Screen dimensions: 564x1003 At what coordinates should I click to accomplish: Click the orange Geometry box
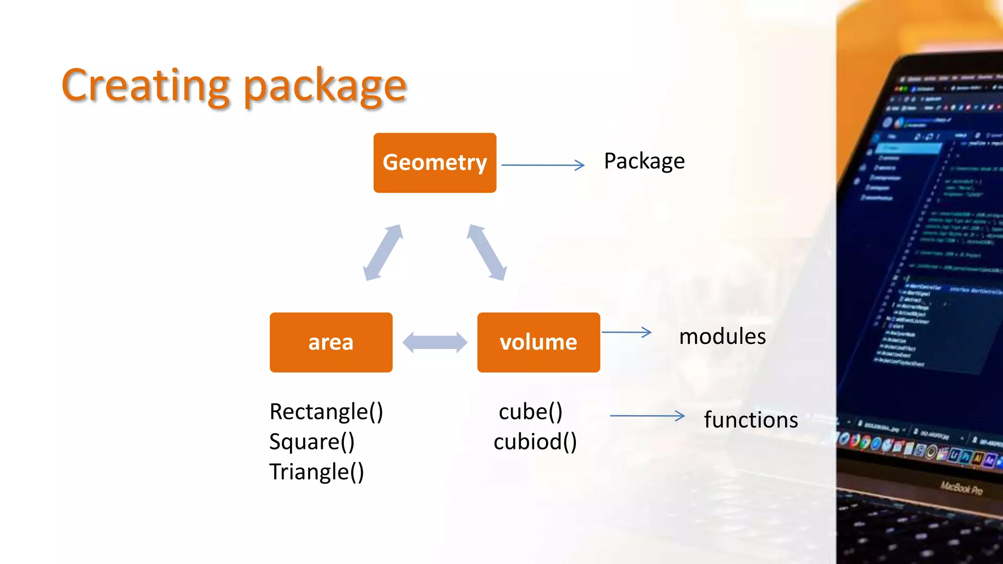(x=434, y=163)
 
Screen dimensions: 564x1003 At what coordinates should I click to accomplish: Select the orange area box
(x=331, y=342)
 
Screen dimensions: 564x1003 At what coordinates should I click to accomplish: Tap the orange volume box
(x=538, y=342)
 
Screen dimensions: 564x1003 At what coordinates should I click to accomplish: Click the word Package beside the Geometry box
(x=644, y=162)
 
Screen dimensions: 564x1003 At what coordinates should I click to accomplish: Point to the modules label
(x=722, y=337)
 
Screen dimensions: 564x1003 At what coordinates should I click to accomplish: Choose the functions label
(x=750, y=420)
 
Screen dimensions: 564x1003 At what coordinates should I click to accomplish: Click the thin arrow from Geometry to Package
(x=543, y=165)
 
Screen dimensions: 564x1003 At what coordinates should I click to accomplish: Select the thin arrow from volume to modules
(x=626, y=332)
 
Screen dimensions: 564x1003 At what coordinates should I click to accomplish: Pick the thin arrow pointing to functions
(x=647, y=416)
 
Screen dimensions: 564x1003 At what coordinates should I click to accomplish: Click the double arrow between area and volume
(x=434, y=342)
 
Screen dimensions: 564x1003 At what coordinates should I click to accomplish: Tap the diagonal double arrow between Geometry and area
(x=383, y=253)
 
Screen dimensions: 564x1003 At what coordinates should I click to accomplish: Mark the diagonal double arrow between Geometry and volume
(x=487, y=253)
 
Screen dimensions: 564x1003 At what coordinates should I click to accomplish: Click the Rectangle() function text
(x=326, y=412)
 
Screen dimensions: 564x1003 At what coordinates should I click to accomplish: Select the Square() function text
(x=311, y=442)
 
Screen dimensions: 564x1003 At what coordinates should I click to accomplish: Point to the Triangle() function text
(x=316, y=472)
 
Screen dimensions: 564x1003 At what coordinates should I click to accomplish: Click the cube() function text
(x=530, y=412)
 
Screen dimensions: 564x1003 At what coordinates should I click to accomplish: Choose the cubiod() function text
(x=535, y=442)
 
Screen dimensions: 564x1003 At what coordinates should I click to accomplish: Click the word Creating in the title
(x=145, y=86)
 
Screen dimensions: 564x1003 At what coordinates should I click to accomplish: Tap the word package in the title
(x=325, y=87)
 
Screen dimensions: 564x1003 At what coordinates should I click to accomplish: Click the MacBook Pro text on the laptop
(x=961, y=488)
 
